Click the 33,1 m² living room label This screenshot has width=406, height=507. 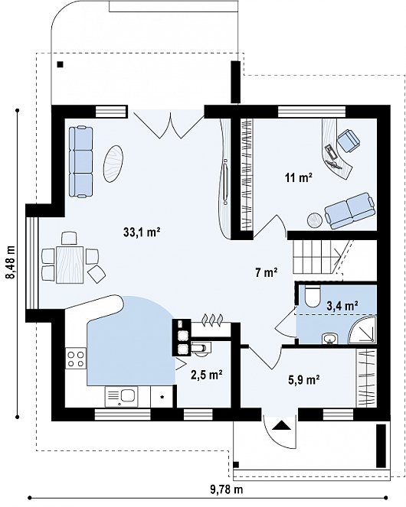pyautogui.click(x=142, y=232)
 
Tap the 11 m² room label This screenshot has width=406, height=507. pyautogui.click(x=299, y=177)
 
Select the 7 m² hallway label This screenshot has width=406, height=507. pyautogui.click(x=266, y=272)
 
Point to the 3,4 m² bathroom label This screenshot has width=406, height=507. pyautogui.click(x=342, y=306)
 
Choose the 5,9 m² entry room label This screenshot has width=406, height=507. pyautogui.click(x=304, y=379)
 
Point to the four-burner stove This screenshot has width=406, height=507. pyautogui.click(x=76, y=358)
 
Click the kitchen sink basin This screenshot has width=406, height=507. pyautogui.click(x=128, y=395)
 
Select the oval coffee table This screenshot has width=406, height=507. pyautogui.click(x=113, y=164)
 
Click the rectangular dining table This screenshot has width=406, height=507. pyautogui.click(x=70, y=265)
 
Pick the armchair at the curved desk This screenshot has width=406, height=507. pyautogui.click(x=349, y=141)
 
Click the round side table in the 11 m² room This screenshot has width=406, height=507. pyautogui.click(x=314, y=220)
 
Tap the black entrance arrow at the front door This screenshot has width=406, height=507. pyautogui.click(x=280, y=425)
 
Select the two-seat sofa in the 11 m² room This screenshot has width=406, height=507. pyautogui.click(x=350, y=211)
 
